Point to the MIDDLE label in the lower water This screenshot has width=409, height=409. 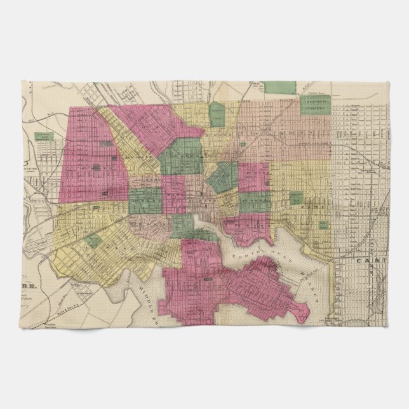click(x=144, y=285)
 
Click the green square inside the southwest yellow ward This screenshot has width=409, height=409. click(x=94, y=240)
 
